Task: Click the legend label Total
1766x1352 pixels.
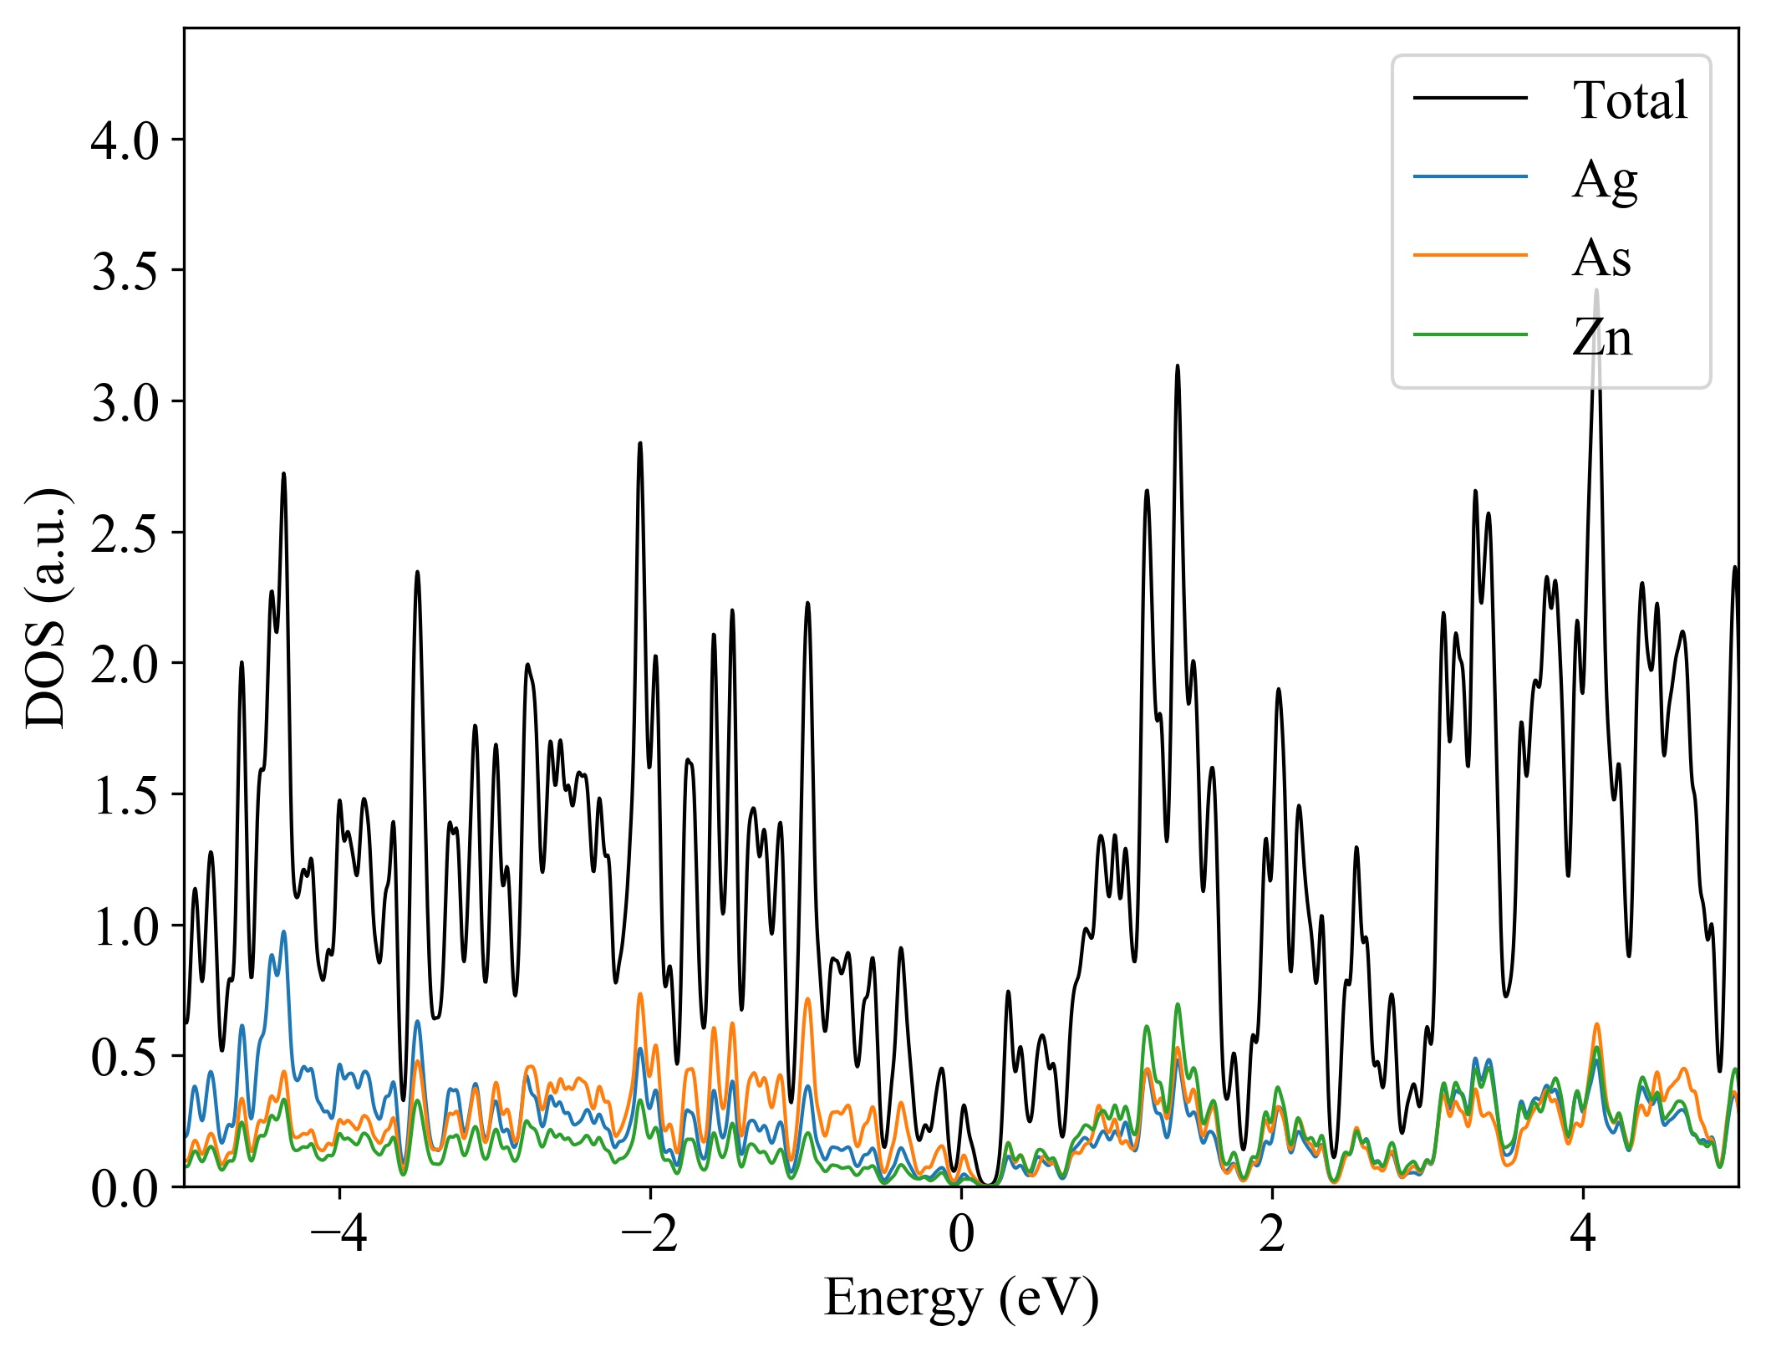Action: (x=1630, y=101)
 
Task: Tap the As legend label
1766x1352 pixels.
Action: (x=1601, y=258)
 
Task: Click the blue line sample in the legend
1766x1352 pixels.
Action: (x=1470, y=176)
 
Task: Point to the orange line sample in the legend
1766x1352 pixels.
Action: (x=1470, y=254)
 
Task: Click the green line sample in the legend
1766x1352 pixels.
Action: (x=1470, y=334)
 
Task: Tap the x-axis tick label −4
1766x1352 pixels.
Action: (x=338, y=1234)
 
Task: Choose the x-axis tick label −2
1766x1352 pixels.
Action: (x=649, y=1234)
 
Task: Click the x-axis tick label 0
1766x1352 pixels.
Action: (x=961, y=1234)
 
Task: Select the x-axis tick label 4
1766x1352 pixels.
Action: (x=1583, y=1234)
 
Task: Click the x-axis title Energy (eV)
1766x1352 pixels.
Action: (x=961, y=1298)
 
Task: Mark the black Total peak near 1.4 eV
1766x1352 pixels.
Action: (x=1178, y=367)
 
